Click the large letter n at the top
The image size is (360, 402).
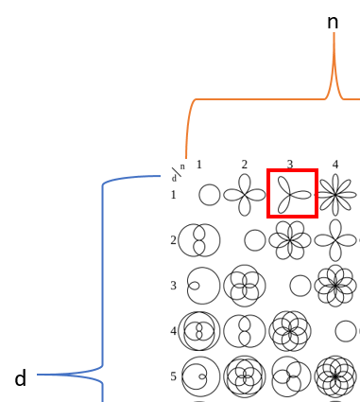tap(333, 22)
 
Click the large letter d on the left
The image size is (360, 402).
tap(20, 378)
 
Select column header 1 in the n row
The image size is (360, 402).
tap(199, 165)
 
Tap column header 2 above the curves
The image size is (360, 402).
tap(244, 165)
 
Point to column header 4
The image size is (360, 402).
tap(335, 165)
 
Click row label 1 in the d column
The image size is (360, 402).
tap(173, 195)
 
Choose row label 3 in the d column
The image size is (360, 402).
tap(173, 286)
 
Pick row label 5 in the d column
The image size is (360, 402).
tap(173, 376)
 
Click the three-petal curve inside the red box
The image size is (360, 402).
tap(292, 194)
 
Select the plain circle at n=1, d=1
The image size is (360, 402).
tap(210, 195)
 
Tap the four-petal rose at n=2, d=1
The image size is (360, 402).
tap(245, 195)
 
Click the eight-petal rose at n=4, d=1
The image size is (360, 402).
tap(335, 195)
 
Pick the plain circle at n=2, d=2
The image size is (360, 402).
tap(255, 240)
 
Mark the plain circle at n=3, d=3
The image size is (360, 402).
tap(300, 286)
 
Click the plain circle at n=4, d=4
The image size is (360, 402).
tap(346, 331)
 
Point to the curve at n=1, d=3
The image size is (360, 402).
tap(202, 286)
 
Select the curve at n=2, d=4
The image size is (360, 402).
tap(245, 331)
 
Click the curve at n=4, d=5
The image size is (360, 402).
tap(335, 376)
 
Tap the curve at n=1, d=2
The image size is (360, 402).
tap(199, 240)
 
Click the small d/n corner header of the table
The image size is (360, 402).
tap(177, 173)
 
